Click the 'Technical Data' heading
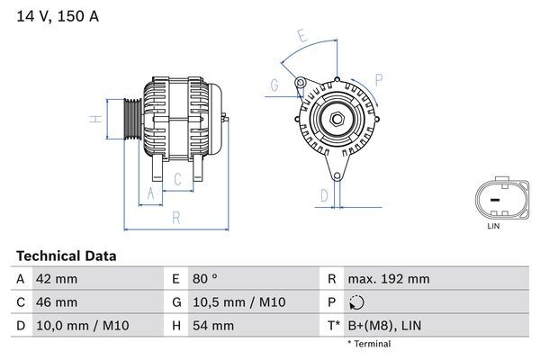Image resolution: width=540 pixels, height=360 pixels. click(66, 256)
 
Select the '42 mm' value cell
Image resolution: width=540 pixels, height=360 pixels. click(55, 279)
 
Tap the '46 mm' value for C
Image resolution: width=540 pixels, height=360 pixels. click(55, 302)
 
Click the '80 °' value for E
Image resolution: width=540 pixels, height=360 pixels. click(203, 279)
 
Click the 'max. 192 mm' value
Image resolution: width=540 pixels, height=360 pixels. click(390, 279)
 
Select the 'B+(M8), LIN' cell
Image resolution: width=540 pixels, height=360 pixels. click(382, 326)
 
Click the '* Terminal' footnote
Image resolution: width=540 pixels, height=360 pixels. click(370, 345)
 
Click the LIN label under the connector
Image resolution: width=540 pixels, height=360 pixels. click(493, 226)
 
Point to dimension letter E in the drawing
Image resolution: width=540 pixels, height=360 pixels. click(303, 38)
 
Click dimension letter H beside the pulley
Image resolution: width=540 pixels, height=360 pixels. click(94, 119)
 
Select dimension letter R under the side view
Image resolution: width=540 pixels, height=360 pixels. click(176, 216)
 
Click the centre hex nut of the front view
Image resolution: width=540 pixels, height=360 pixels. click(335, 120)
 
